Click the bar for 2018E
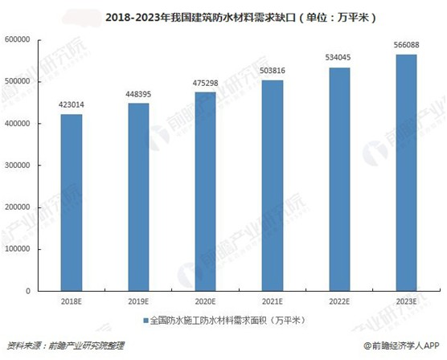pyautogui.click(x=70, y=201)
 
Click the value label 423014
pyautogui.click(x=70, y=105)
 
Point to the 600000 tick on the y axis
pyautogui.click(x=17, y=39)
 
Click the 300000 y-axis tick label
pyautogui.click(x=17, y=165)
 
